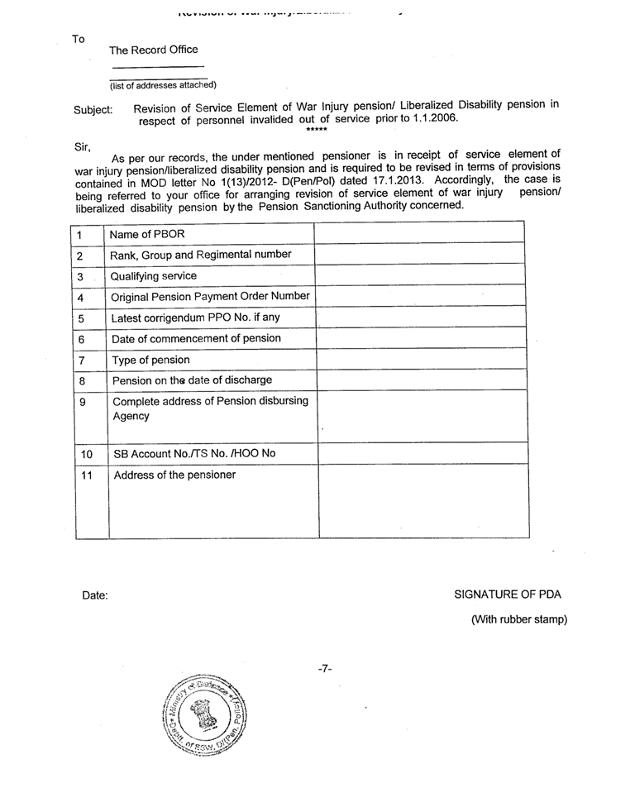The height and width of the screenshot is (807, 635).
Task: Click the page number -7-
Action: point(325,668)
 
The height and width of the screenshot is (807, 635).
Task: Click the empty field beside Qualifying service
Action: point(422,275)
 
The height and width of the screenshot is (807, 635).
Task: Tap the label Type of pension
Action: point(150,360)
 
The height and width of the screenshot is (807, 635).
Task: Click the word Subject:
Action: point(93,109)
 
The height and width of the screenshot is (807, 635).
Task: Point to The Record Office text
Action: point(154,50)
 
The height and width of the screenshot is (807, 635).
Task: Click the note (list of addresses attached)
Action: point(164,85)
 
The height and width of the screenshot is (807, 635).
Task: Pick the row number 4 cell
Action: point(81,298)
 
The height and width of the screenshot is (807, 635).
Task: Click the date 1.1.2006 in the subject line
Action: point(435,117)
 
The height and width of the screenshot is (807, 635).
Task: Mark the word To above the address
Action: point(79,39)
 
